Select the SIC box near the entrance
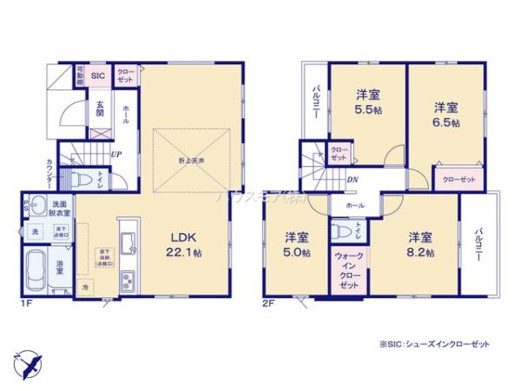[98, 76]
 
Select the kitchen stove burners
[127, 281]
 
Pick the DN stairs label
[353, 181]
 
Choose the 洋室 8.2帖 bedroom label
[421, 244]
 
